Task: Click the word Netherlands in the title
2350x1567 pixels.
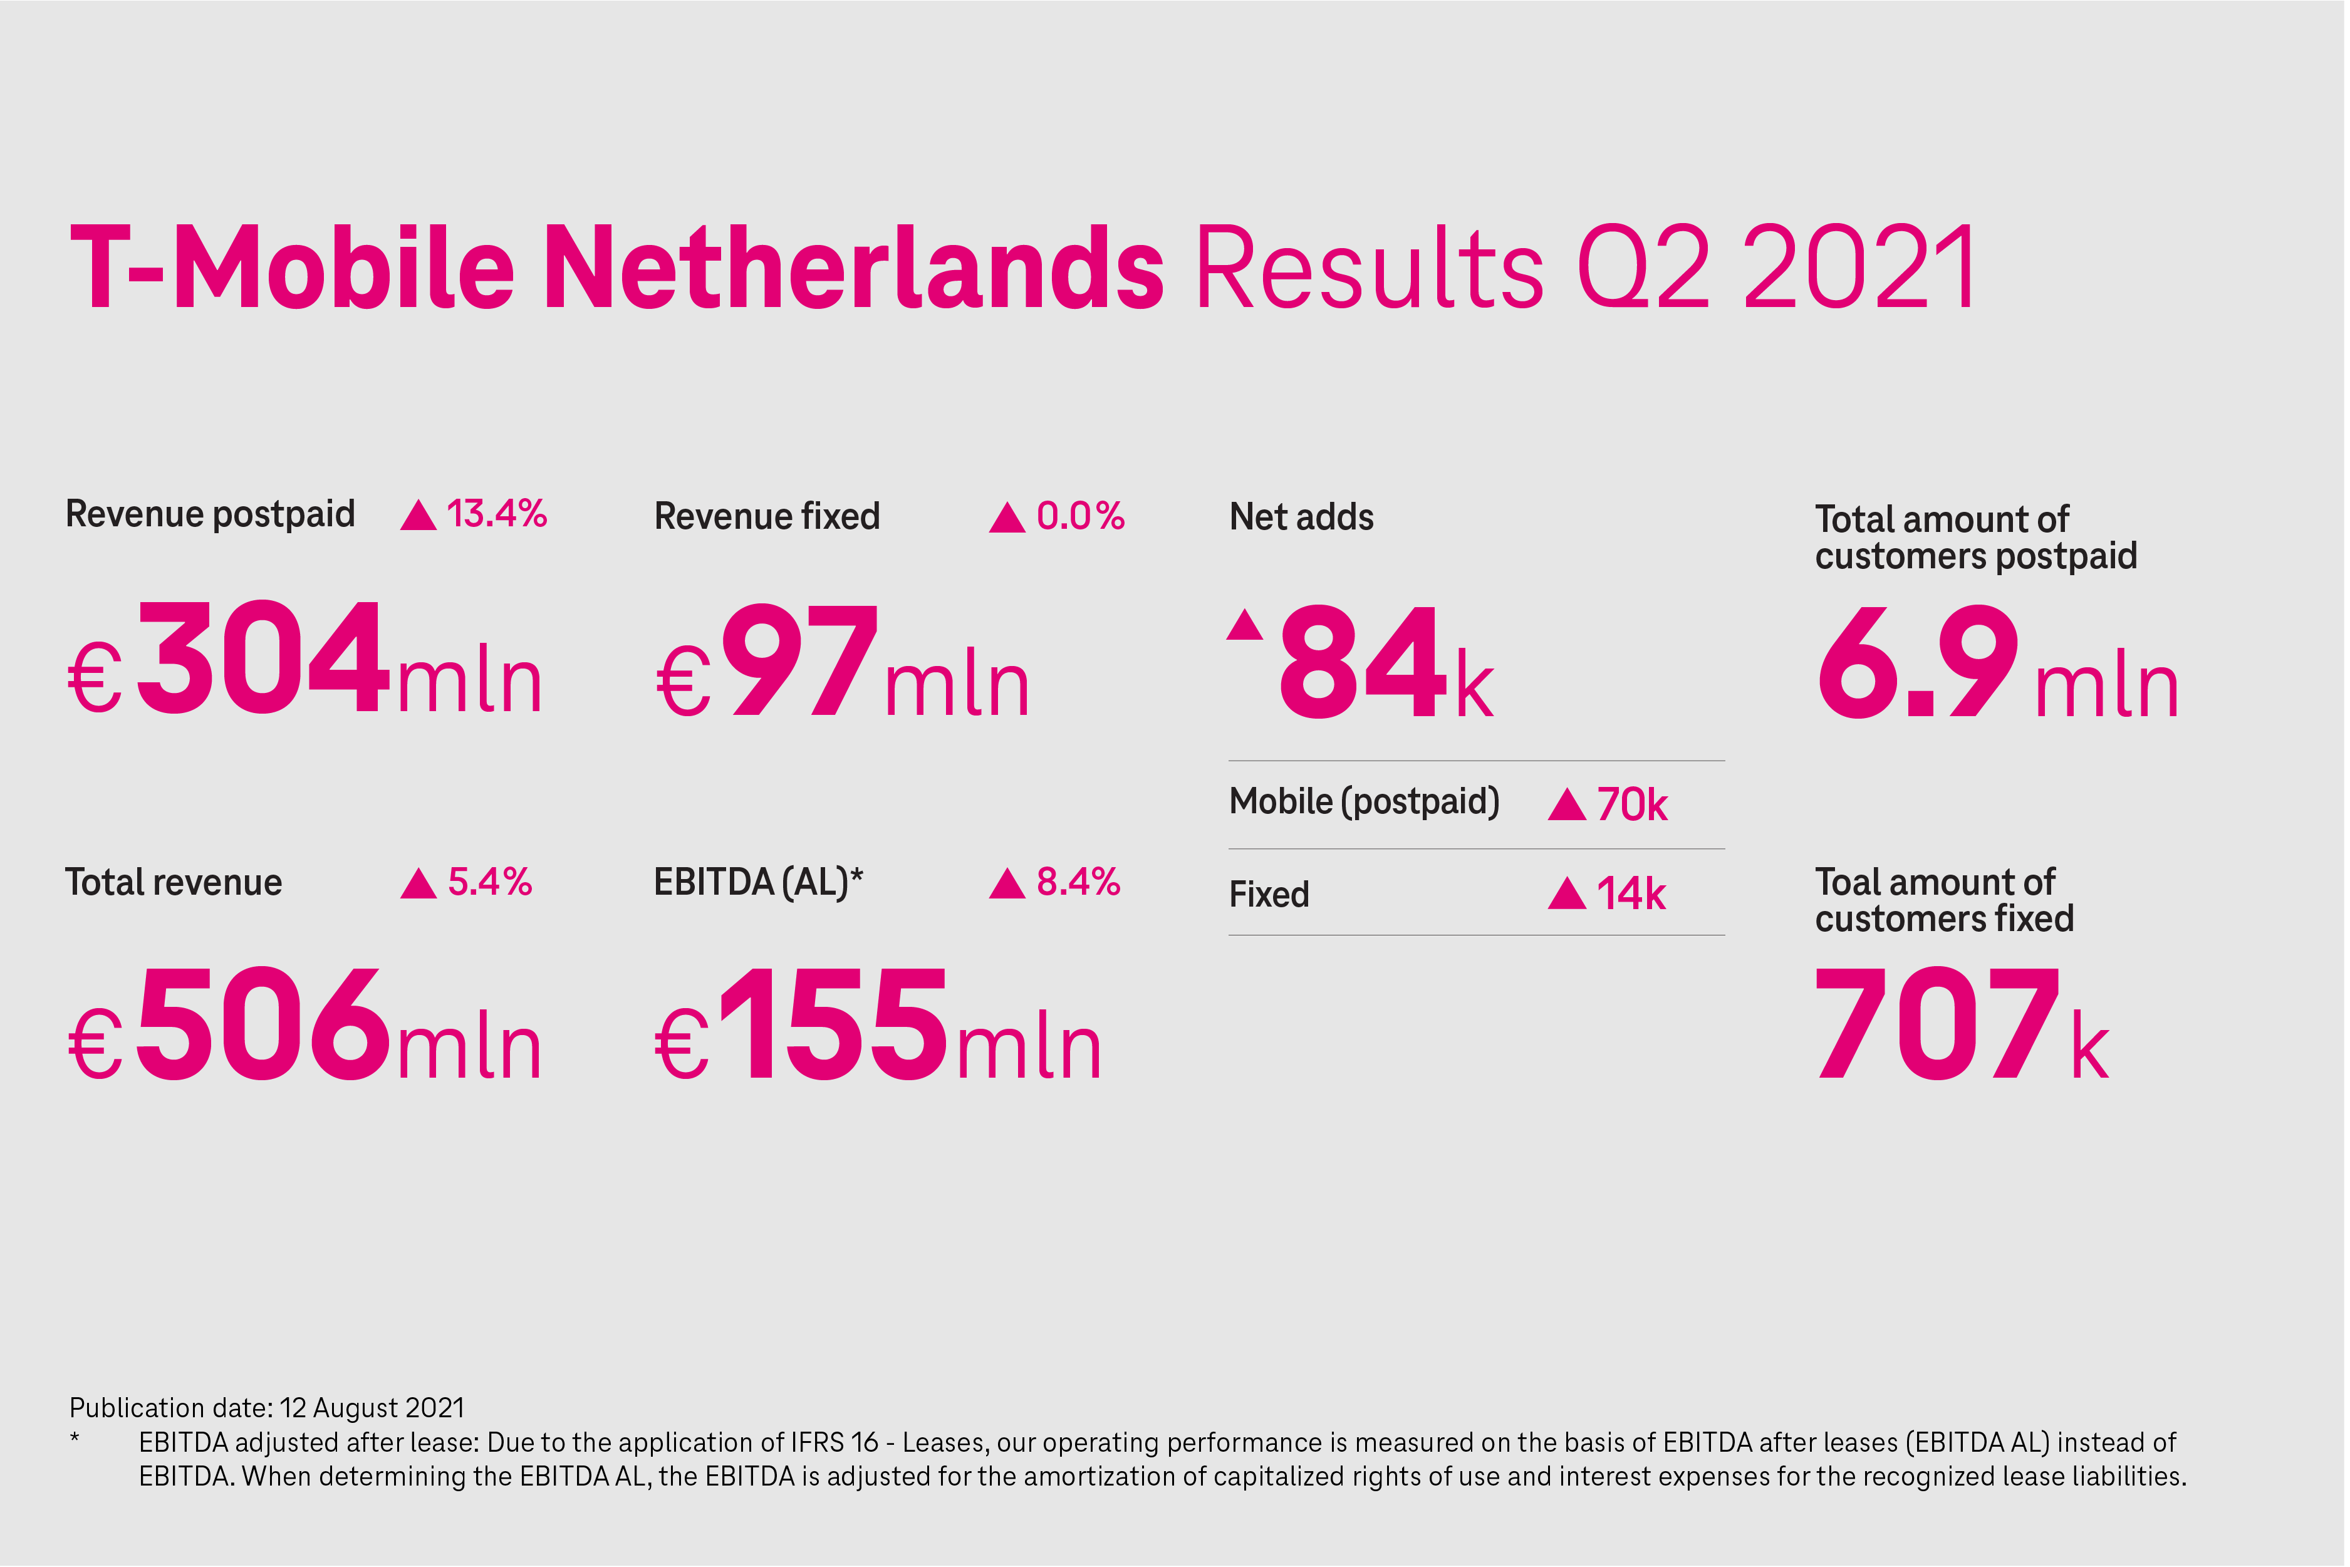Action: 855,267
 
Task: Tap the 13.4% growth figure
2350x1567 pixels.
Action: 497,514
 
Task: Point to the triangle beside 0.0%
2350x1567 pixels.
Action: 1007,518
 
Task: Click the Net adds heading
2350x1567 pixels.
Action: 1301,517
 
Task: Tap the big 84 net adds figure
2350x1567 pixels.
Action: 1363,663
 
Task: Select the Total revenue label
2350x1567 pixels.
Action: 174,882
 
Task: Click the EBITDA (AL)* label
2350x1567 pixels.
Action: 758,882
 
